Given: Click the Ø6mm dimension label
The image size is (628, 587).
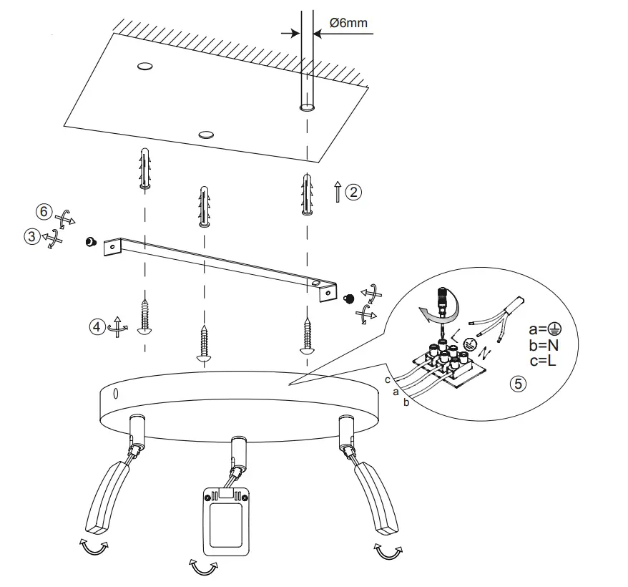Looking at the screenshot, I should (348, 23).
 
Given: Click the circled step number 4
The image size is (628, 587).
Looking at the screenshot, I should (97, 326).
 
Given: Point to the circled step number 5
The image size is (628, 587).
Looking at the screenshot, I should (519, 383).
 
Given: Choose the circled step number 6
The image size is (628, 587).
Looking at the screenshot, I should (44, 212).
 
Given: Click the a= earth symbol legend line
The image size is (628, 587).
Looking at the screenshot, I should (545, 329).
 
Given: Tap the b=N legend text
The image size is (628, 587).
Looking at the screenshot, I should (545, 344).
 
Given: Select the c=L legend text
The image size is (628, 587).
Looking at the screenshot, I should (545, 360).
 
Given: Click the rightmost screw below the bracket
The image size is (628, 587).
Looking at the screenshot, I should (308, 336).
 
